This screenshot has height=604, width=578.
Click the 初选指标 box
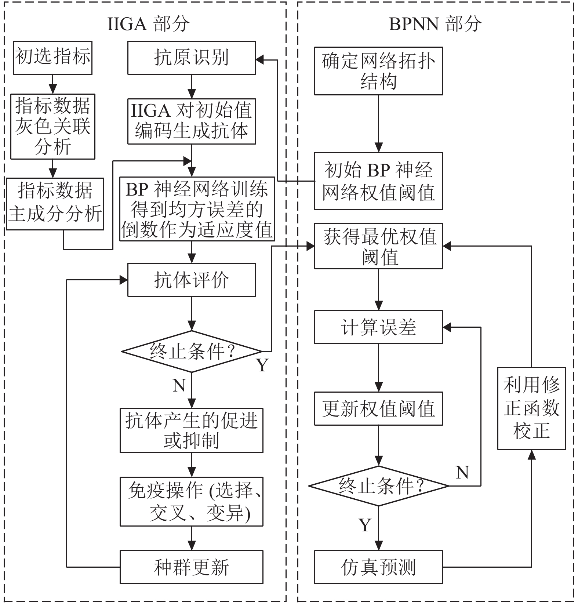pos(52,58)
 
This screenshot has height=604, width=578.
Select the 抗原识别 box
pos(192,58)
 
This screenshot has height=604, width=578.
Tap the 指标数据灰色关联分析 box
pos(53,127)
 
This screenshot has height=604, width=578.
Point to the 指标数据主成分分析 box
pos(55,204)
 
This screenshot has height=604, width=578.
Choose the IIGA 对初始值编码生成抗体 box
pos(192,121)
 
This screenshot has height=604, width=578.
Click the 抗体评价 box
pos(192,280)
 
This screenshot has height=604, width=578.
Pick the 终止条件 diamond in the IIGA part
pos(192,352)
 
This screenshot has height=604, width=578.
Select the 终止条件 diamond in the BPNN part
pos(379,486)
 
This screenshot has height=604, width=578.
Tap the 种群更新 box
pos(192,567)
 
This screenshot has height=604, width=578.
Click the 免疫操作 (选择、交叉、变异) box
pos(192,501)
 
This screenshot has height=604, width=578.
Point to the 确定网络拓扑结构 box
pos(378,71)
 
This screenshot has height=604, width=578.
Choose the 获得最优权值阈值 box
pos(378,246)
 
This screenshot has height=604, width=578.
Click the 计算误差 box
pos(378,327)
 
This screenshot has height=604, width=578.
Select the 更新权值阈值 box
pos(378,408)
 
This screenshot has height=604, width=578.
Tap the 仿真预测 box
pos(378,567)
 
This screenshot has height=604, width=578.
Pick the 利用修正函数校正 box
pos(531,408)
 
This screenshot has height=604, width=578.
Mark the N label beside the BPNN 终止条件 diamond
pos(462,472)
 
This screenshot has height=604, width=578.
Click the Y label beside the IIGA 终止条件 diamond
pos(262,365)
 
